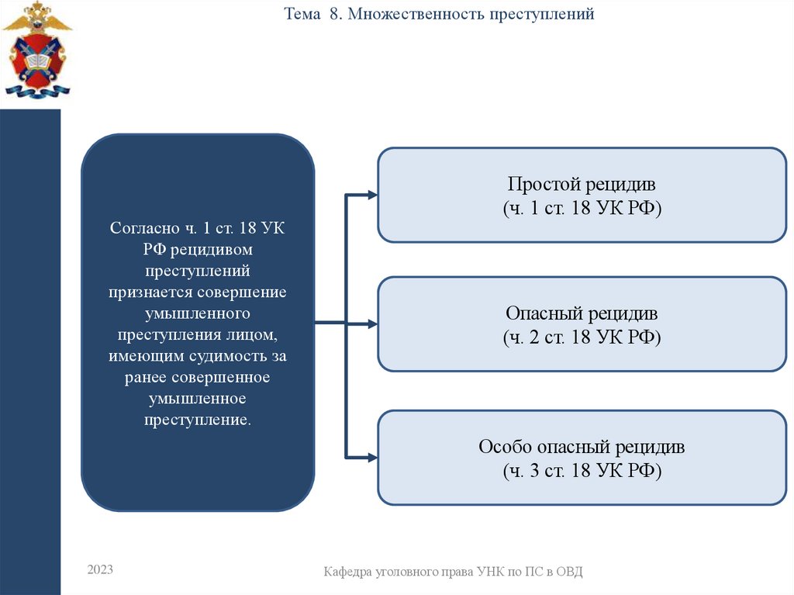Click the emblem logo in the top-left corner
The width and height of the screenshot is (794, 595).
tap(36, 50)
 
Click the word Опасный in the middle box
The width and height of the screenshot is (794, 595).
tap(544, 314)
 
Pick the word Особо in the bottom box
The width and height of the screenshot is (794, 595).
tap(504, 448)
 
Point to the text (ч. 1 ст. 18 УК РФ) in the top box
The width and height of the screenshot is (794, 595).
tap(582, 209)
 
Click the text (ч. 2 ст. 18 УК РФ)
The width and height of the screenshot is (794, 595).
tap(582, 337)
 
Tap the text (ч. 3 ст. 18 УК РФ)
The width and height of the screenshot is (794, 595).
tap(582, 471)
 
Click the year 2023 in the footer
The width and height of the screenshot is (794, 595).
tap(100, 570)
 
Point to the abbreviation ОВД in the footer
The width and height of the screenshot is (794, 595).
tap(568, 573)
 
